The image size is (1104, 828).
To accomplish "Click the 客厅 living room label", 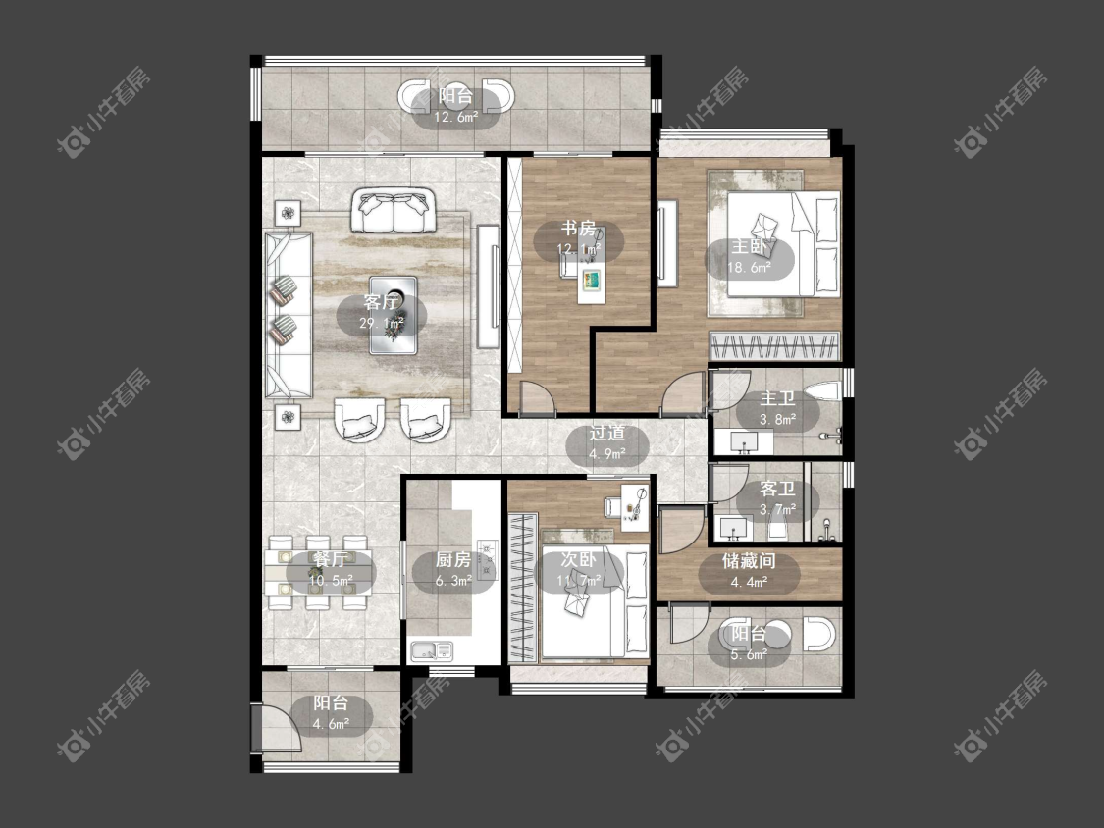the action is [x=381, y=303].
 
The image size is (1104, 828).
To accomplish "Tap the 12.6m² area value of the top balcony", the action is [x=455, y=118].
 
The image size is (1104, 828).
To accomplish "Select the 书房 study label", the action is [x=578, y=229].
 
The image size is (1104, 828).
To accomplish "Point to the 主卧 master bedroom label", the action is [x=749, y=247].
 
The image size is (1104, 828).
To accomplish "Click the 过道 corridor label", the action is [x=606, y=433].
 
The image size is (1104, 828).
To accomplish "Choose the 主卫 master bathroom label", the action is [x=777, y=399].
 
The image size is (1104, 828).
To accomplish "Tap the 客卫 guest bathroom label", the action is [x=777, y=489].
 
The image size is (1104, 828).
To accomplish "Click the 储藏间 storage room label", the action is [x=749, y=561].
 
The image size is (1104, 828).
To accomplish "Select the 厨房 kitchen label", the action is [x=452, y=560].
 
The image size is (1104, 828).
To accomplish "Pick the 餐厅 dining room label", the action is [x=330, y=560].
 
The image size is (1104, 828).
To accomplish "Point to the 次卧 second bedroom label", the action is [x=578, y=560].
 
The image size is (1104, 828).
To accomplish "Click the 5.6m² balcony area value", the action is [x=749, y=654].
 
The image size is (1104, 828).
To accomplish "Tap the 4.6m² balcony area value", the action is [x=331, y=723].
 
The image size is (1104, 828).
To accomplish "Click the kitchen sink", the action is [x=431, y=650].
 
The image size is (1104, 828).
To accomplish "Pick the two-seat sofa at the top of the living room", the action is [x=392, y=211].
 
